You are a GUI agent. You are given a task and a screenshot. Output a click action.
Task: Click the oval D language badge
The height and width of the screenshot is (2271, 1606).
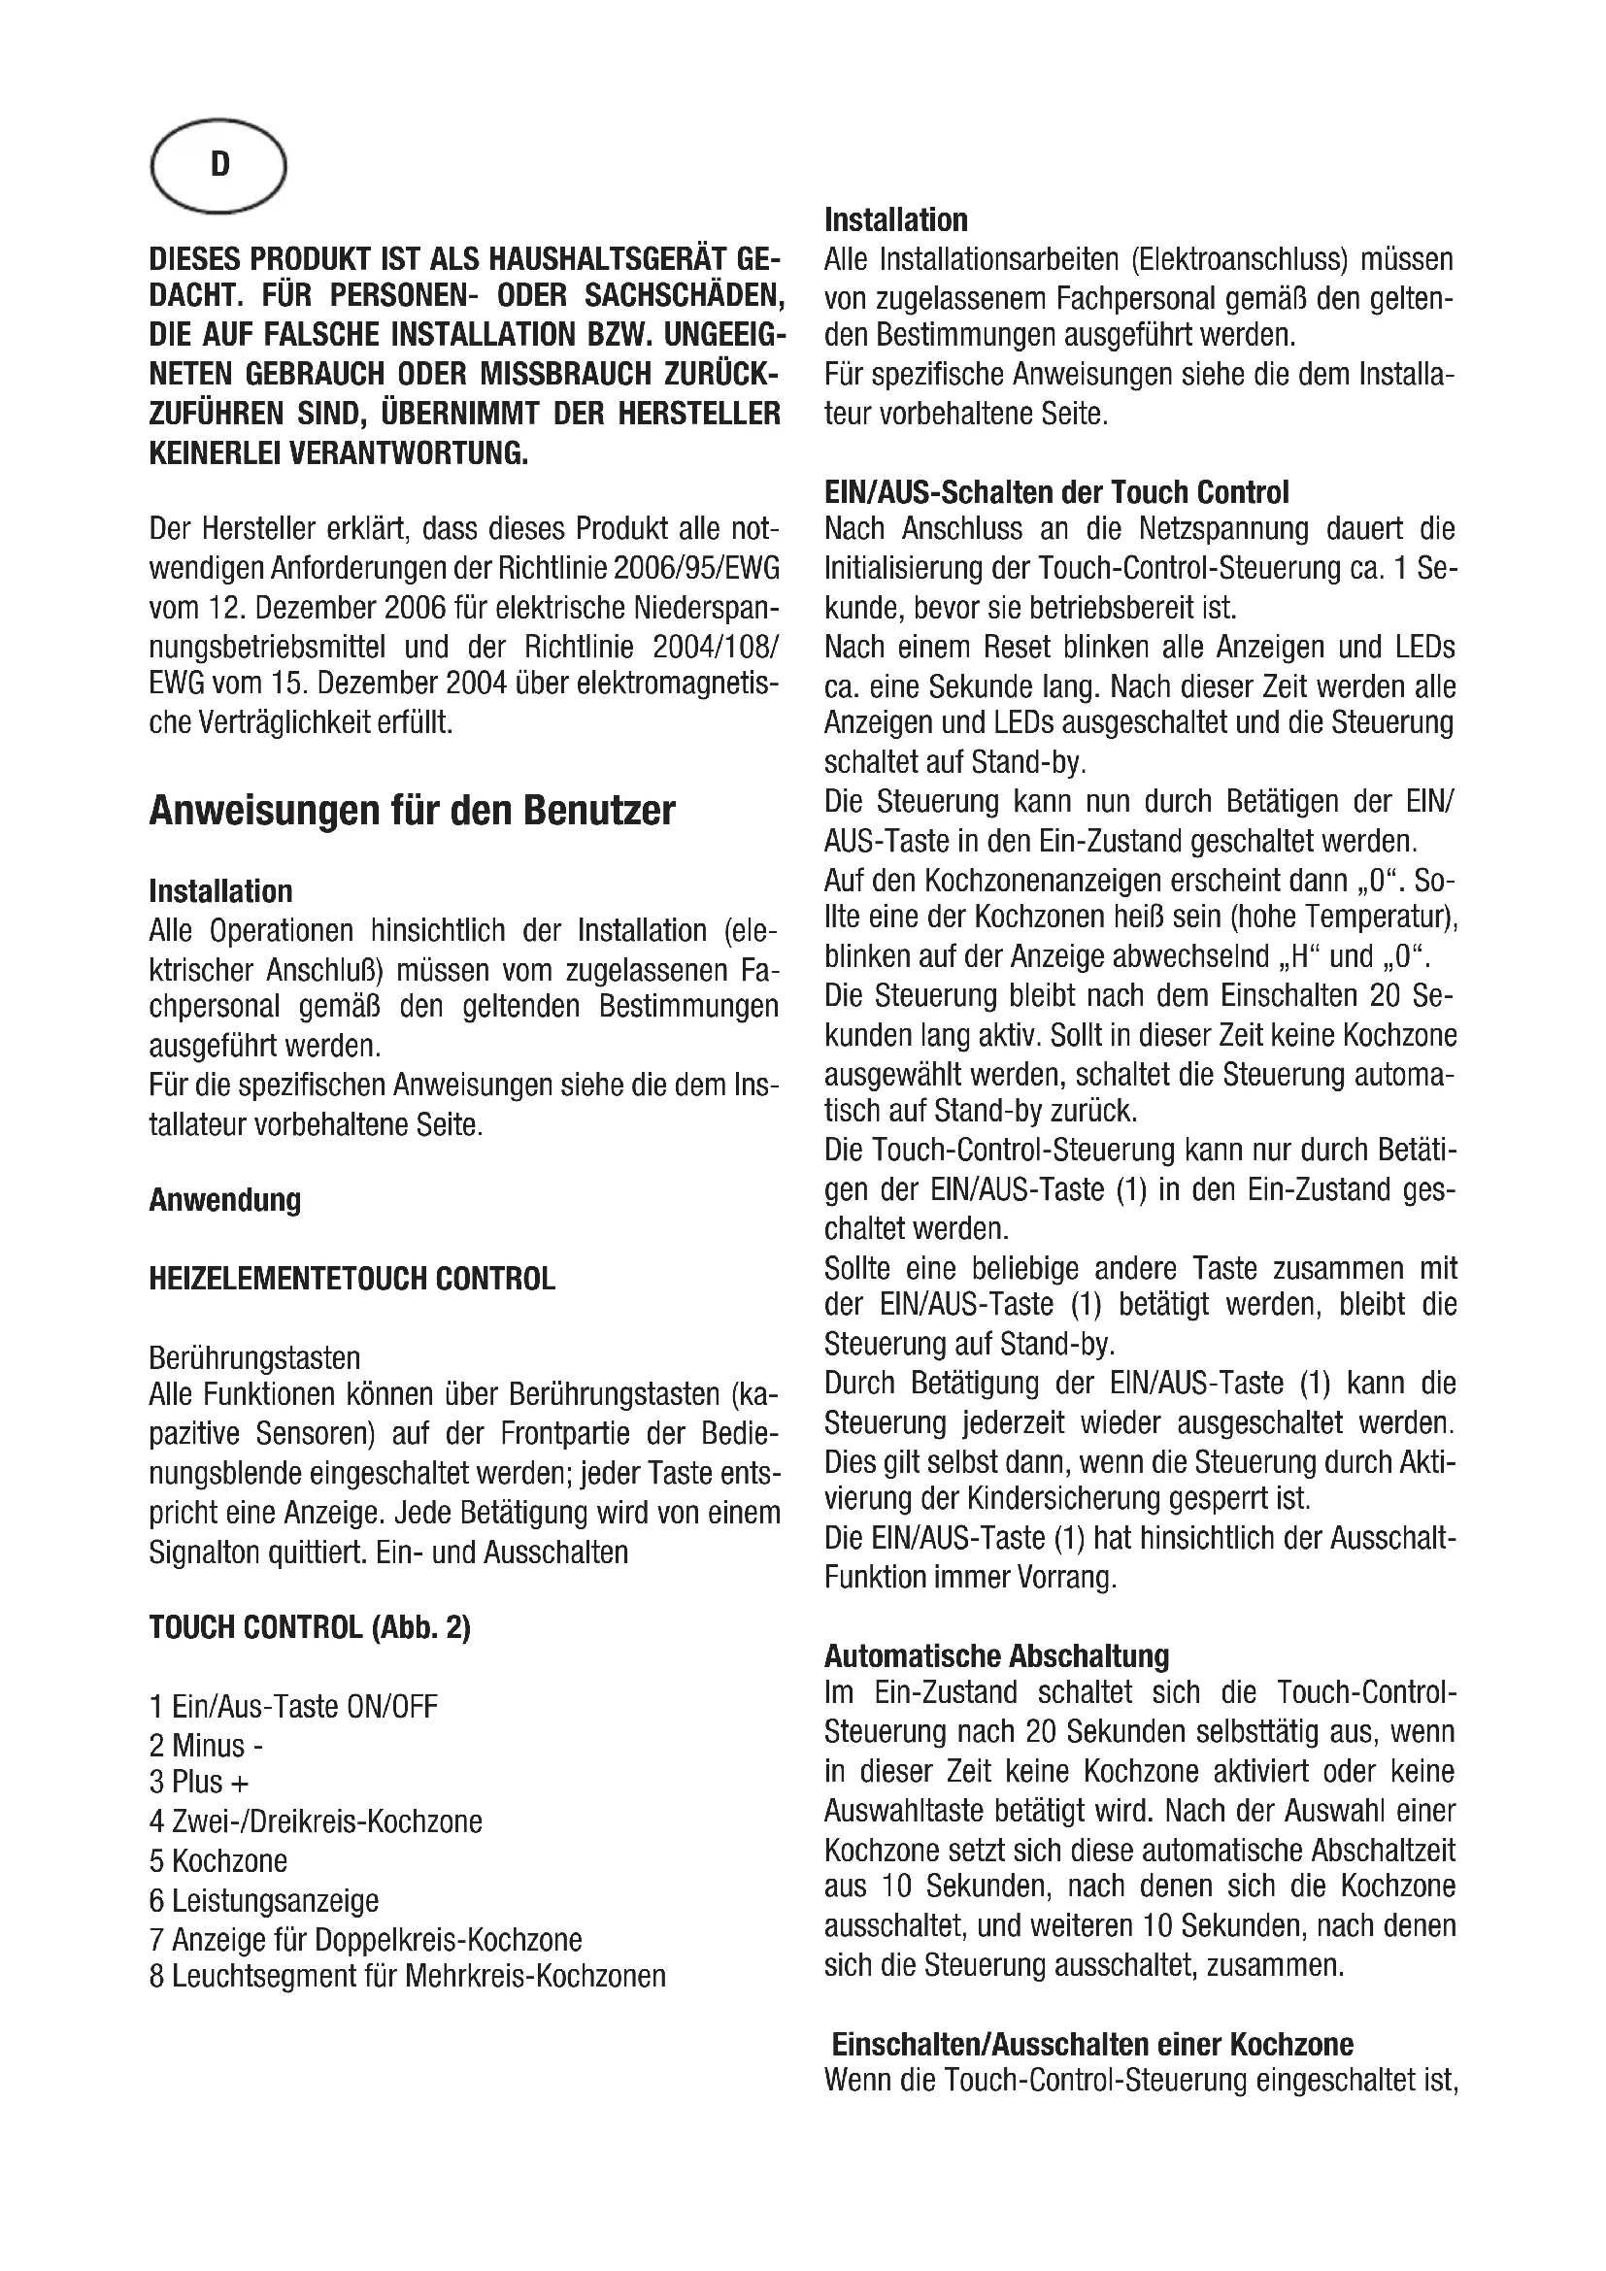pyautogui.click(x=218, y=166)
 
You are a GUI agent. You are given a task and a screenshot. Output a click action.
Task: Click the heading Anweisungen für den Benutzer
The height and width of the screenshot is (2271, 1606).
pyautogui.click(x=412, y=811)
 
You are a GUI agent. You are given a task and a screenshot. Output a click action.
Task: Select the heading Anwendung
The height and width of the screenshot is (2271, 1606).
pyautogui.click(x=224, y=1201)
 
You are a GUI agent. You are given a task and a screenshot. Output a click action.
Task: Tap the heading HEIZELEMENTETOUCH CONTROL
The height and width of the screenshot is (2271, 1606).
pyautogui.click(x=352, y=1279)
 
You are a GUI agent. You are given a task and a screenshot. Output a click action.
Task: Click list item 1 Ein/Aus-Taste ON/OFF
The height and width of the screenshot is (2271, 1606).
pyautogui.click(x=292, y=1706)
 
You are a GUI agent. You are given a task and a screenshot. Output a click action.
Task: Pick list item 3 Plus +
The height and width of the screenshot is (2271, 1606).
pyautogui.click(x=199, y=1783)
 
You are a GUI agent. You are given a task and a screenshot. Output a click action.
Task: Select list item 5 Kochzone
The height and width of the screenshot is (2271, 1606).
pyautogui.click(x=217, y=1860)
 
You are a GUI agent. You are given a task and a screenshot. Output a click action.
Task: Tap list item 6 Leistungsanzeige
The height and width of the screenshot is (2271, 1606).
pyautogui.click(x=264, y=1900)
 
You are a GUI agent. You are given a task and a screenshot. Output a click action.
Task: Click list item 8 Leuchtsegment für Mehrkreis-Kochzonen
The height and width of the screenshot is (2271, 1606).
pyautogui.click(x=408, y=1976)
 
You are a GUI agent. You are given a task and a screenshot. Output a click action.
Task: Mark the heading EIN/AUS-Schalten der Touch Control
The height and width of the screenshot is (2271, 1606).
pyautogui.click(x=1056, y=491)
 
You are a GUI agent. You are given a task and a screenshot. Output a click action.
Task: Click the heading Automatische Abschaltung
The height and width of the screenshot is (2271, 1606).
pyautogui.click(x=996, y=1655)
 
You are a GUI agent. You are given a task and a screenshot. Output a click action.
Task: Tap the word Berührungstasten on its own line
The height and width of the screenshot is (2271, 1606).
pyautogui.click(x=254, y=1357)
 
